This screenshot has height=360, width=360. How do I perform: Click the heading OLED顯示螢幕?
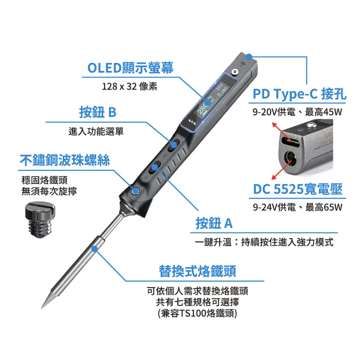click(130, 67)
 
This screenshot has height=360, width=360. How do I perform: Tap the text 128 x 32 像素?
click(129, 87)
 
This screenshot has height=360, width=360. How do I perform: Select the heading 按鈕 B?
click(98, 112)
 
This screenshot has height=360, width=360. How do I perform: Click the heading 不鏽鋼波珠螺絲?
click(65, 160)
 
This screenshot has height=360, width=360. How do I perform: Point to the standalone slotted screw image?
click(40, 219)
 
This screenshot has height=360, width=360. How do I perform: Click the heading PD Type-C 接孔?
click(299, 94)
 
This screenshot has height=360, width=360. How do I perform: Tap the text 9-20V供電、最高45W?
click(298, 112)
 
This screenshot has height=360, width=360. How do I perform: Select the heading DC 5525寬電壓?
click(298, 189)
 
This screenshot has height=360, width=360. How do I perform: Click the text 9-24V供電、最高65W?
click(298, 208)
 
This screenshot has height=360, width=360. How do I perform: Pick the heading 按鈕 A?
click(214, 223)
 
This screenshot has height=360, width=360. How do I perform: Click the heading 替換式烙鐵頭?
click(197, 271)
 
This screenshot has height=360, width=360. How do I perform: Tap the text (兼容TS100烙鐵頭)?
click(197, 313)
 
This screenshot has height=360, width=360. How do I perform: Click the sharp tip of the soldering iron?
click(42, 308)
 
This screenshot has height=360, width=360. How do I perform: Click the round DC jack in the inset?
click(290, 159)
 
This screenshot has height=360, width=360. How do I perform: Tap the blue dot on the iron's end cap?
click(249, 56)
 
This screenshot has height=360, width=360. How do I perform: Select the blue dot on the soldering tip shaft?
click(94, 249)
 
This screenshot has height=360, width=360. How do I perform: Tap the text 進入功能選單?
click(96, 131)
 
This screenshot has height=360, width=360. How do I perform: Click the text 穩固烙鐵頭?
click(44, 180)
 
